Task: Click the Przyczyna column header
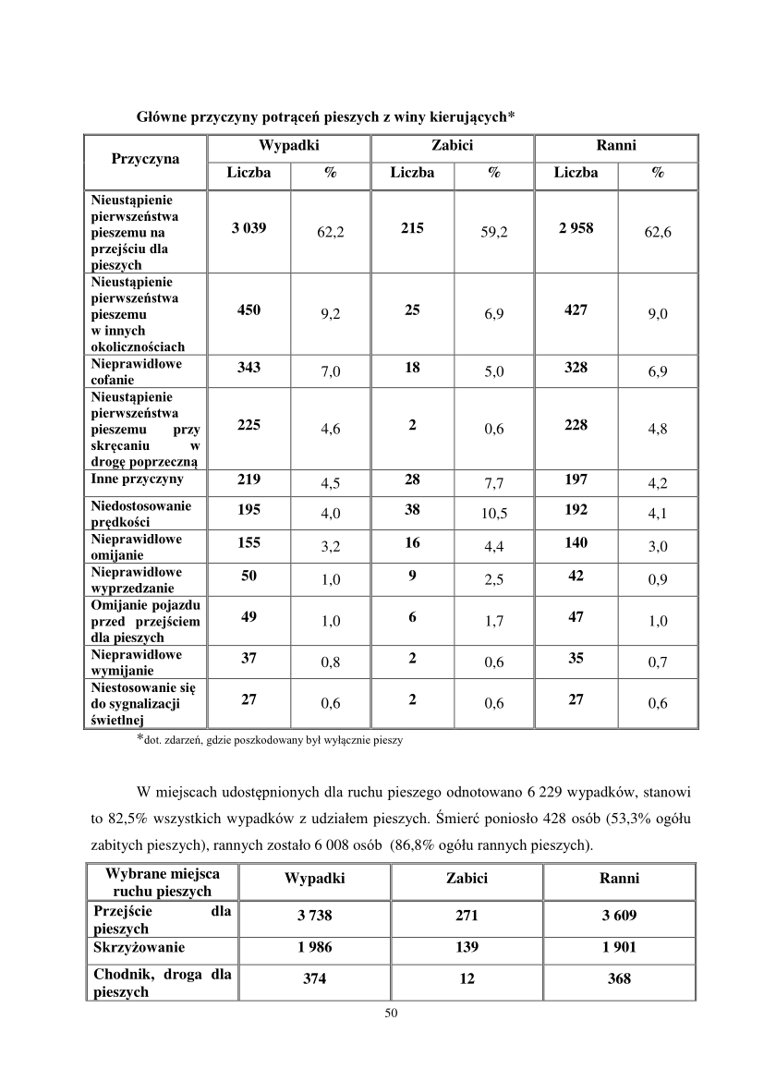[x=145, y=159]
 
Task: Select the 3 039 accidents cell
[x=249, y=228]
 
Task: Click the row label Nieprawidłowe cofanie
[x=136, y=371]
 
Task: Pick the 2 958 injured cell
[x=576, y=228]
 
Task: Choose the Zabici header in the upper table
[x=453, y=146]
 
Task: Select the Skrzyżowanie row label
[x=139, y=947]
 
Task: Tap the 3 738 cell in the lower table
[x=314, y=916]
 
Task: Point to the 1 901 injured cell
[x=619, y=947]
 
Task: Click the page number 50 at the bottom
[x=390, y=1014]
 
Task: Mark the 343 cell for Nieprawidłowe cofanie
[x=249, y=367]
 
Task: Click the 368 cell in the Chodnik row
[x=619, y=978]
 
